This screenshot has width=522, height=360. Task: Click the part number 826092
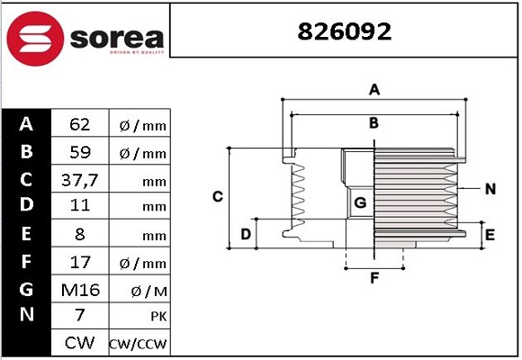pyautogui.click(x=346, y=31)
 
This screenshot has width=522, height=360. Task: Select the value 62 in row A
pyautogui.click(x=79, y=124)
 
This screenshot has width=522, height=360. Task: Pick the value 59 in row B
pyautogui.click(x=79, y=152)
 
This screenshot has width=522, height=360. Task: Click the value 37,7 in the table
pyautogui.click(x=79, y=179)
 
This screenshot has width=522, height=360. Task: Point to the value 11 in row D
pyautogui.click(x=79, y=206)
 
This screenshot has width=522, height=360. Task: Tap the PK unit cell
pyautogui.click(x=139, y=317)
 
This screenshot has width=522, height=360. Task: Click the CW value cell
pyautogui.click(x=79, y=343)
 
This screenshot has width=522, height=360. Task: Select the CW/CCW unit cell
pyautogui.click(x=139, y=344)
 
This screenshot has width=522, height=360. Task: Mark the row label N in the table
pyautogui.click(x=26, y=316)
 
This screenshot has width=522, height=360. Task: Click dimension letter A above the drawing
pyautogui.click(x=374, y=89)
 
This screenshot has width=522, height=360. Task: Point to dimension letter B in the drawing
pyautogui.click(x=373, y=123)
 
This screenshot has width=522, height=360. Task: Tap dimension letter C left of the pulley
pyautogui.click(x=217, y=196)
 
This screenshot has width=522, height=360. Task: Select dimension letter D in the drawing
pyautogui.click(x=245, y=235)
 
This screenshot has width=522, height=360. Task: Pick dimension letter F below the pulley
pyautogui.click(x=374, y=278)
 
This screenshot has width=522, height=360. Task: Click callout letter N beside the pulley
pyautogui.click(x=490, y=189)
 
